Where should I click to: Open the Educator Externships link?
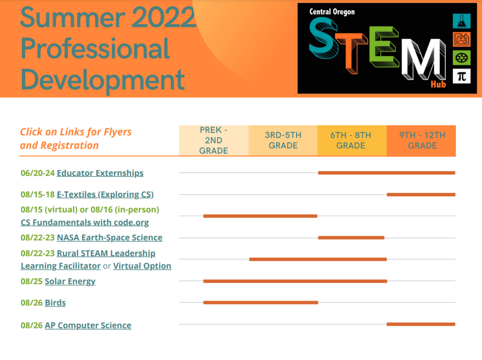100,173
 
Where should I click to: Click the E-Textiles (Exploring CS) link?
105,195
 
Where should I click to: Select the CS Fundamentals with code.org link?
85,222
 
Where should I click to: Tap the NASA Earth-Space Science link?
109,238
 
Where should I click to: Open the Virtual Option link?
142,266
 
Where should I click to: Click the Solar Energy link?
70,281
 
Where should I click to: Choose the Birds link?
56,303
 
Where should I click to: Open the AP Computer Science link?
88,325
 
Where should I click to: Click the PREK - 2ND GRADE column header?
214,141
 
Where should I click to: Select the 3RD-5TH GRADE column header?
283,141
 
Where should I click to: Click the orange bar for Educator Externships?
387,173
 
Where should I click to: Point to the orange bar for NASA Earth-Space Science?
351,238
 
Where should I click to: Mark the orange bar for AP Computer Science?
421,324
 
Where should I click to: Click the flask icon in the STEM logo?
461,21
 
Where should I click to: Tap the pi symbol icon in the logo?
461,76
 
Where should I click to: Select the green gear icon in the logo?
461,58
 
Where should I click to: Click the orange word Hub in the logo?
438,84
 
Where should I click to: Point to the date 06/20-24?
38,173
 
